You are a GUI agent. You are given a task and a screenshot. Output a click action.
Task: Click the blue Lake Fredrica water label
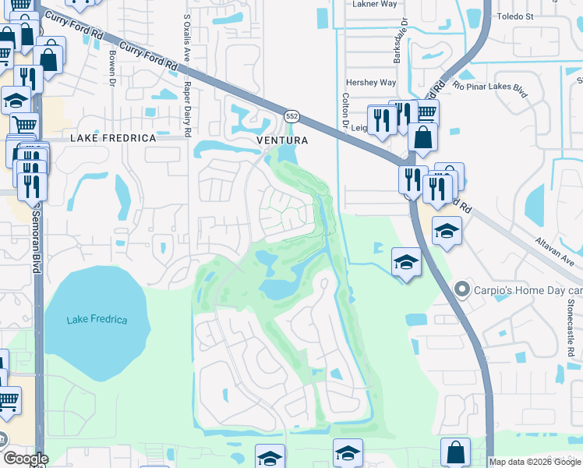tap(97, 320)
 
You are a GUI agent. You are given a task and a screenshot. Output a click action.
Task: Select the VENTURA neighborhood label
tap(283, 140)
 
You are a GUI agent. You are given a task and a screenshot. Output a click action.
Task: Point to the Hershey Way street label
tap(371, 82)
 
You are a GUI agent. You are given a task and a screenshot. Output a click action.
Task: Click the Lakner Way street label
tap(374, 4)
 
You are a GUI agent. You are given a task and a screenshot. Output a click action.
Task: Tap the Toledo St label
tap(534, 16)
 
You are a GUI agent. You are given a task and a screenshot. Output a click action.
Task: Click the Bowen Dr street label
tap(112, 69)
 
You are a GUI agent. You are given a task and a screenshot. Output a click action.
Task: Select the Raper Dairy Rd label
tap(196, 106)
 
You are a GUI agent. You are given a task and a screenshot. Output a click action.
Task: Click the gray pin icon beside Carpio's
tap(462, 290)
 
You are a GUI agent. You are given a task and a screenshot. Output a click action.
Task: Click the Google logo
tap(26, 459)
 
